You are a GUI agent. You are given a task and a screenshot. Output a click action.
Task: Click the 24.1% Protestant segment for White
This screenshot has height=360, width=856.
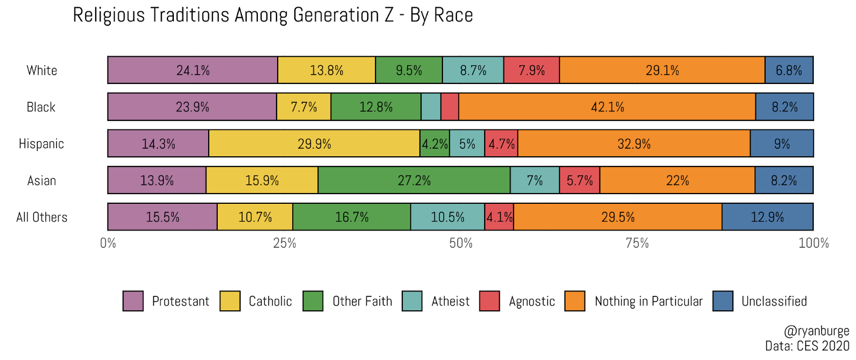193,70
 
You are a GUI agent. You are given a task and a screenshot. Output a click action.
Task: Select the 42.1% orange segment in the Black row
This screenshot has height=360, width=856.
607,107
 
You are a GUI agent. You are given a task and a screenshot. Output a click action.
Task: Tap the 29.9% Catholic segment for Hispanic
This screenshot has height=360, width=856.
314,144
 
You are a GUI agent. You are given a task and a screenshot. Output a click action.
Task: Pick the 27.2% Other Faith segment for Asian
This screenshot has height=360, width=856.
414,180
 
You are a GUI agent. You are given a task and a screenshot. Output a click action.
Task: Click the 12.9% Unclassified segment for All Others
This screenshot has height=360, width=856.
767,217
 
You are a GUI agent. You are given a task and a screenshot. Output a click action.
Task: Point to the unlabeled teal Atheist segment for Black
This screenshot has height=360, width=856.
431,107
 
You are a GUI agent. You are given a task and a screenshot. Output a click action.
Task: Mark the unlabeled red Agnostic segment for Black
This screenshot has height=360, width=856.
450,107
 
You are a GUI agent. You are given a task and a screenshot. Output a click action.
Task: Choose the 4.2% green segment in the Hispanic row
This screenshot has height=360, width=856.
434,144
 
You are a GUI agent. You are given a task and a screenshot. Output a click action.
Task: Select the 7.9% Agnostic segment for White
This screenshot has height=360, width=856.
531,70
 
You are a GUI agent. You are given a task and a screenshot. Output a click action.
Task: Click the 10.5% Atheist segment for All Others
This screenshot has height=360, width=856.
447,217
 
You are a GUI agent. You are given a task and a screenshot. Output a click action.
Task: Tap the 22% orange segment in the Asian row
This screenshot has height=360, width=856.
677,180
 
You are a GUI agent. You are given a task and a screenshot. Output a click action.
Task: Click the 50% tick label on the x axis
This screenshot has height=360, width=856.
461,243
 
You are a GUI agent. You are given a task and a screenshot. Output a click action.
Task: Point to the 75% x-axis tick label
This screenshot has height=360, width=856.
637,243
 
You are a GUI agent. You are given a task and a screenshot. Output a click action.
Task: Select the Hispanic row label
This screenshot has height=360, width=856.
41,144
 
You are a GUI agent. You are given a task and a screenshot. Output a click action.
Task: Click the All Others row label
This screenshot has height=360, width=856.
42,217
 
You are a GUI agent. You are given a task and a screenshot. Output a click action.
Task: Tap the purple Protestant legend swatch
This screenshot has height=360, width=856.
133,301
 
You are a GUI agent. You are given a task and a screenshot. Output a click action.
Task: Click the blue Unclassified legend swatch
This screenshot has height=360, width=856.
723,301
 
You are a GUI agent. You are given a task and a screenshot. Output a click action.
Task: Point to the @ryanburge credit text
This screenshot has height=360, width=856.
816,331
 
